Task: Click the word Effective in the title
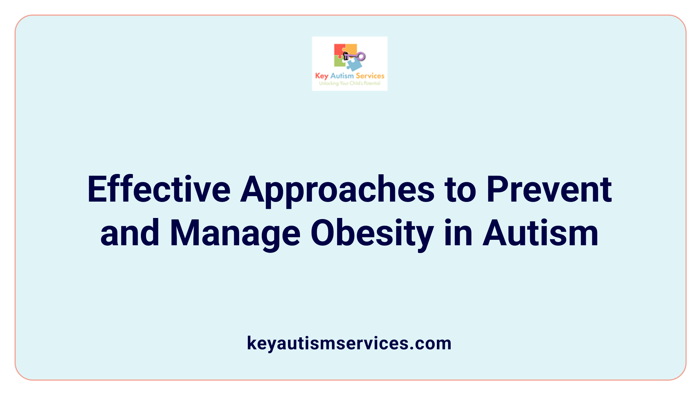pyautogui.click(x=159, y=189)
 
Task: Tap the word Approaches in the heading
pyautogui.click(x=337, y=190)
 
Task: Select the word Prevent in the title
pyautogui.click(x=549, y=189)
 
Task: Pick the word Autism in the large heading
pyautogui.click(x=540, y=233)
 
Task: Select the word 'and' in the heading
pyautogui.click(x=130, y=233)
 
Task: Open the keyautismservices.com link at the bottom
pyautogui.click(x=349, y=343)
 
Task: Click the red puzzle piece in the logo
pyautogui.click(x=339, y=50)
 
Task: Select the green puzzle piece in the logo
pyautogui.click(x=339, y=62)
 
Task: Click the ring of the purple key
pyautogui.click(x=361, y=56)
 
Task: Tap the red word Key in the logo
pyautogui.click(x=321, y=76)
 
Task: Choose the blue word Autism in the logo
pyautogui.click(x=342, y=76)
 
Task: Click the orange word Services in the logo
pyautogui.click(x=370, y=76)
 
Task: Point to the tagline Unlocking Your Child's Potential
pyautogui.click(x=349, y=83)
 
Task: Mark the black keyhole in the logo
pyautogui.click(x=346, y=56)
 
